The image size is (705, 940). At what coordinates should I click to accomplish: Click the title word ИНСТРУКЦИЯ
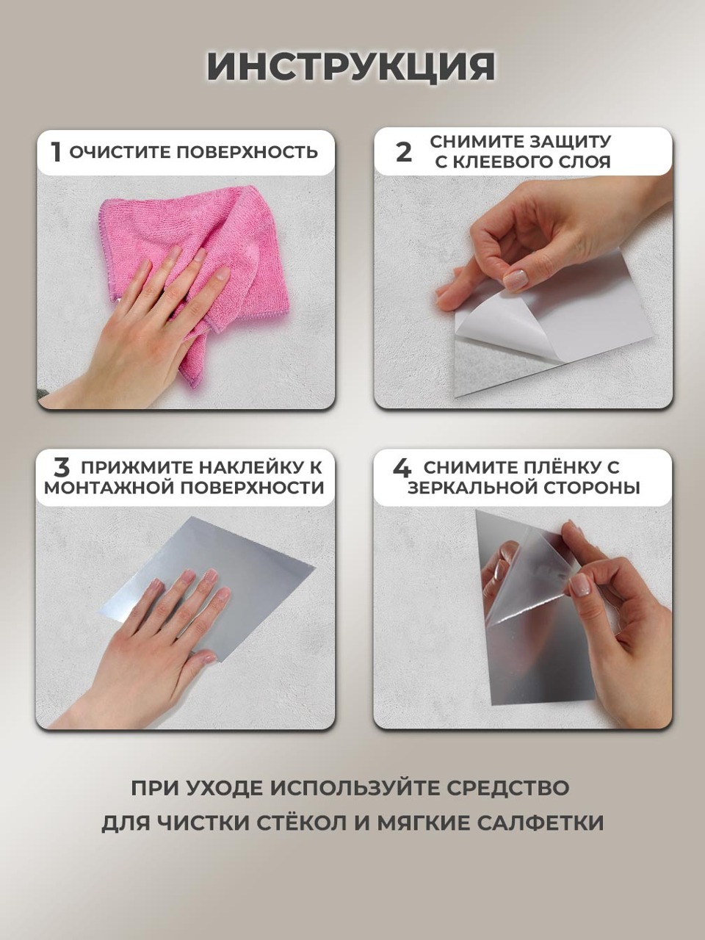(x=352, y=68)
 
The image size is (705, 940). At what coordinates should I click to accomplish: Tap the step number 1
(x=56, y=153)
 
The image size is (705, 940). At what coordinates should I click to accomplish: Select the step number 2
(x=404, y=153)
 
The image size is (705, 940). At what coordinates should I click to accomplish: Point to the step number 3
(x=62, y=468)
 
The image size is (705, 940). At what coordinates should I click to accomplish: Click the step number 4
(x=402, y=468)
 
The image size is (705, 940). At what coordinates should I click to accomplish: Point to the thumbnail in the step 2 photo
(x=516, y=281)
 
